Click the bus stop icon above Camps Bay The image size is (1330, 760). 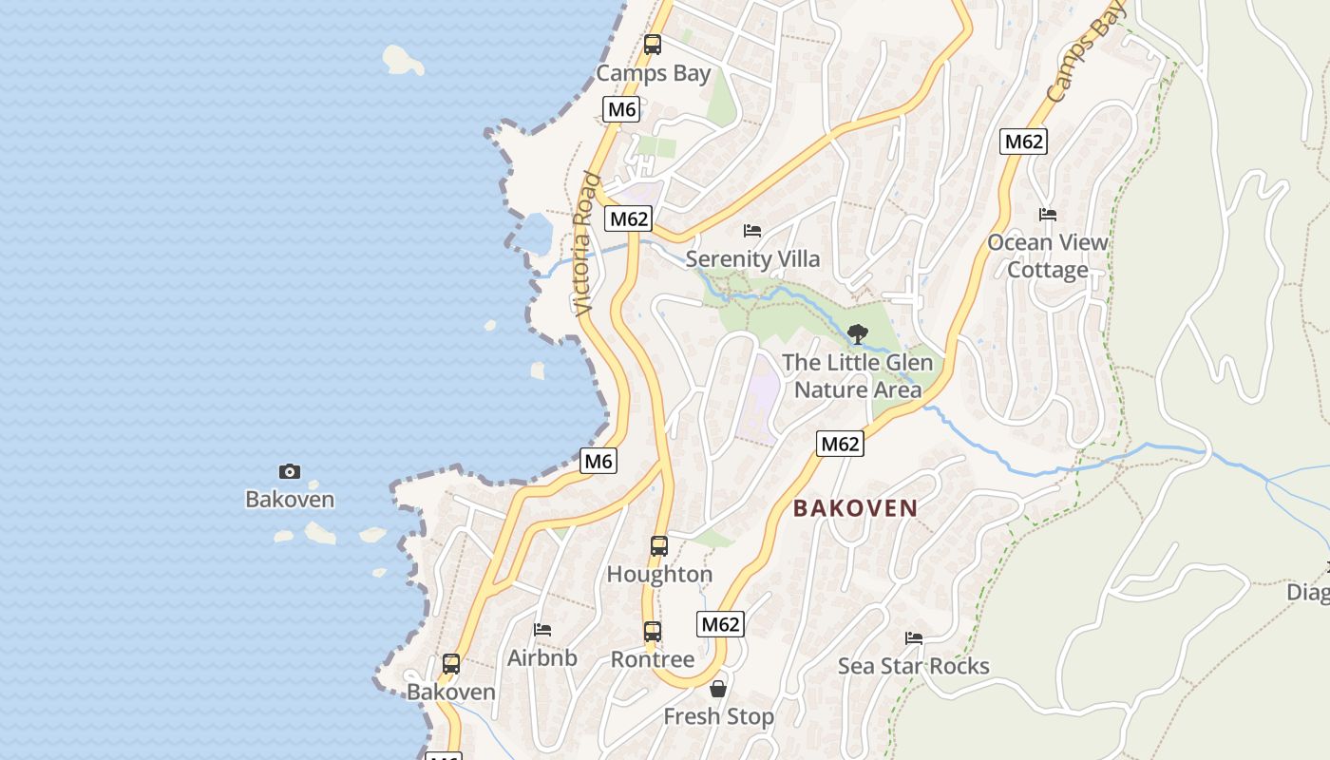coord(653,44)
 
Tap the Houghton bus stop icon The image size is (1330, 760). coord(659,546)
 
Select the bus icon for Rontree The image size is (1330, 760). coord(653,632)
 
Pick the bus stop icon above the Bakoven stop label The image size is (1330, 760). coord(451,664)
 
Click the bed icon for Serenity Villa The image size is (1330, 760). coord(752,231)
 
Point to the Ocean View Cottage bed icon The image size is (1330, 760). coord(1048,215)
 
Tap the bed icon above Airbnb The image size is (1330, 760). coord(542,630)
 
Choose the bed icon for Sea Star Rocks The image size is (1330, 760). coord(914,638)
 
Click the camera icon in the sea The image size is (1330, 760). coord(290,472)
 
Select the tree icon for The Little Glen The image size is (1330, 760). coord(857,334)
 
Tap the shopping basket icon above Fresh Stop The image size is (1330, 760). coord(718,689)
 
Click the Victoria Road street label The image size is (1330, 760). coord(587,244)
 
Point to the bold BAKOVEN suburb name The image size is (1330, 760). coord(856,508)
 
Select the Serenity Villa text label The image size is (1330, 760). coord(752,259)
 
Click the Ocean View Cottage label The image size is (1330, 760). coord(1048,256)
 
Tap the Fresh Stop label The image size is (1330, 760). coord(718,716)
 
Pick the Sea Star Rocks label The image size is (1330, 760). coord(914,666)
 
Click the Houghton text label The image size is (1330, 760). coord(659,575)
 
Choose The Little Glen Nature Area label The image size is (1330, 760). coord(857,376)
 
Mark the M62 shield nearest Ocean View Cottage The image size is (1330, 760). coord(1023,142)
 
